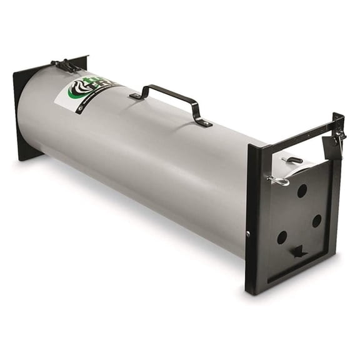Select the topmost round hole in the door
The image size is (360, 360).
pos(302,191)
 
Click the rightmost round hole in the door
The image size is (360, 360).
pos(317,221)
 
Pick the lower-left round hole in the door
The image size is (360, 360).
pos(282,237)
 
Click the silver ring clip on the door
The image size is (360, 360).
pos(279,181)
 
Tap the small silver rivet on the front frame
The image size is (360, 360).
pos(248,234)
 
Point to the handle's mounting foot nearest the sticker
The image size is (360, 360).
pos(136,96)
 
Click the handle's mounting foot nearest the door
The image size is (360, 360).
pos(203,122)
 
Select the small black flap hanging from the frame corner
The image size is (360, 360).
pos(331,148)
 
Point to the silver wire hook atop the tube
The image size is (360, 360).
pos(292,160)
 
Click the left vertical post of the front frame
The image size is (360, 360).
pos(253,219)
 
